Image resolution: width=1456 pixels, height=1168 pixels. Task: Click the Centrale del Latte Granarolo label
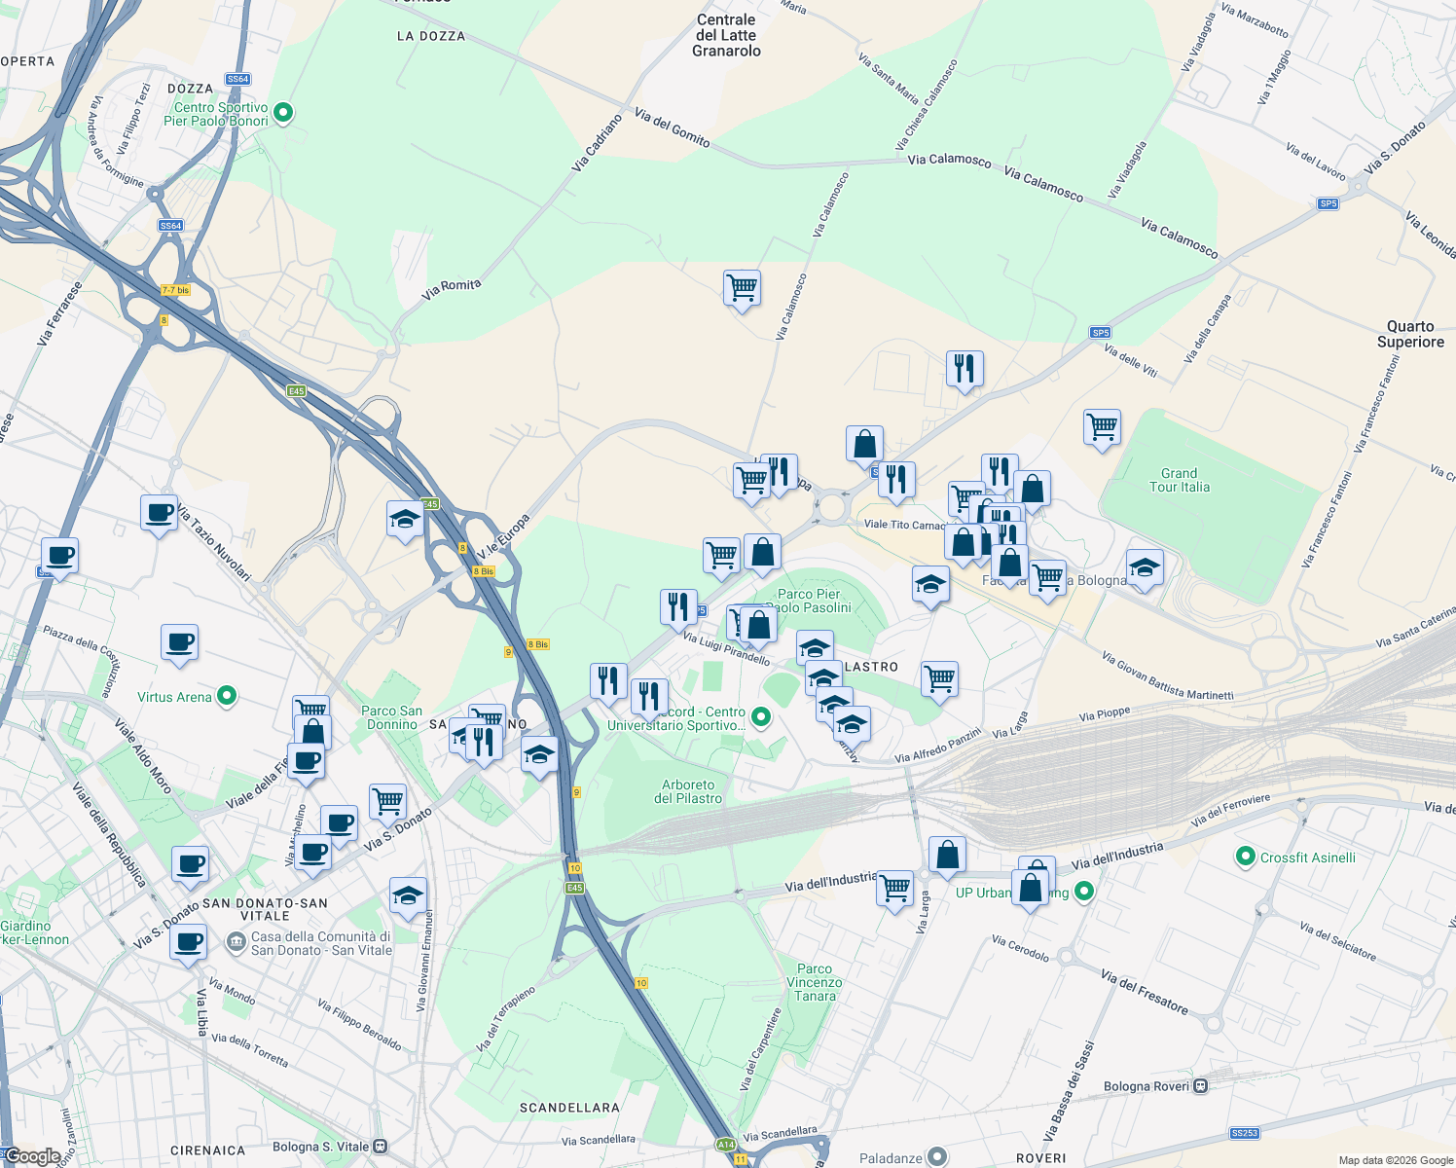point(726,35)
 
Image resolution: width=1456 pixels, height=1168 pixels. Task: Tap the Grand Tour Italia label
point(1179,480)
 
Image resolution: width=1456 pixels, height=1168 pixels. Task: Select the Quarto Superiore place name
point(1410,334)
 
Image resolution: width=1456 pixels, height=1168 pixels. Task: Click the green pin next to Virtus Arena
point(227,696)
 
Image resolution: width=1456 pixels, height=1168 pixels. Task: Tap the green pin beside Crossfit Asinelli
point(1244,857)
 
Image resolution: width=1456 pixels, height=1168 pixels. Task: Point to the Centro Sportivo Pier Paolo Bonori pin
point(283,113)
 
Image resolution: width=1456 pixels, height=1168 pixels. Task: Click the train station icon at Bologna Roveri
point(1201,1085)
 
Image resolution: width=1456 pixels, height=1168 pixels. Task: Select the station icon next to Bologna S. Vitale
point(381,1147)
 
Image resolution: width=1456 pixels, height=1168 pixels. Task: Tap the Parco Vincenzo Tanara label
point(815,982)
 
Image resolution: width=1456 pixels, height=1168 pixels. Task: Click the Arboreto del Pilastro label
point(688,791)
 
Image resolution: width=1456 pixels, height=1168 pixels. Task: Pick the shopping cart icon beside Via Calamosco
point(742,288)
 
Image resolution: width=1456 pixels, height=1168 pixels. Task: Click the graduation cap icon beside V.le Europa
point(405,519)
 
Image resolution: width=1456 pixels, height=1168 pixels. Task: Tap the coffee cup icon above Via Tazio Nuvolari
point(159,512)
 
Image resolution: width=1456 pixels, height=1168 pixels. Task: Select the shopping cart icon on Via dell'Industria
point(894,888)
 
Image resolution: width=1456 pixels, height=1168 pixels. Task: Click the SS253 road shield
point(1244,1133)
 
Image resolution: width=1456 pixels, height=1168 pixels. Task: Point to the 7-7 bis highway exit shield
point(175,290)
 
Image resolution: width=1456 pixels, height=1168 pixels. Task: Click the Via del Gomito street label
point(672,128)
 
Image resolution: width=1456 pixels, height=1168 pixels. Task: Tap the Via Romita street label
point(452,289)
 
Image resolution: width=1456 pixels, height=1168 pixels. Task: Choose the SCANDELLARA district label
point(569,1108)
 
